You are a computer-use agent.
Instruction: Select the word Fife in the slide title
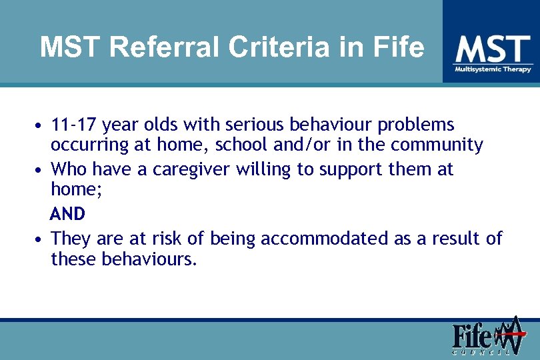(398, 47)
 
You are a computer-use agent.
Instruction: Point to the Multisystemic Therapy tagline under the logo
(493, 69)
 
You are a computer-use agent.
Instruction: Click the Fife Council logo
(486, 337)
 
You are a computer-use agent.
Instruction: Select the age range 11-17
(76, 125)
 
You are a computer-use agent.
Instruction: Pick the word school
(246, 145)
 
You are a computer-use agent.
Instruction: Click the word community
(437, 145)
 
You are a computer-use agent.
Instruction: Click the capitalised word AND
(67, 214)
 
